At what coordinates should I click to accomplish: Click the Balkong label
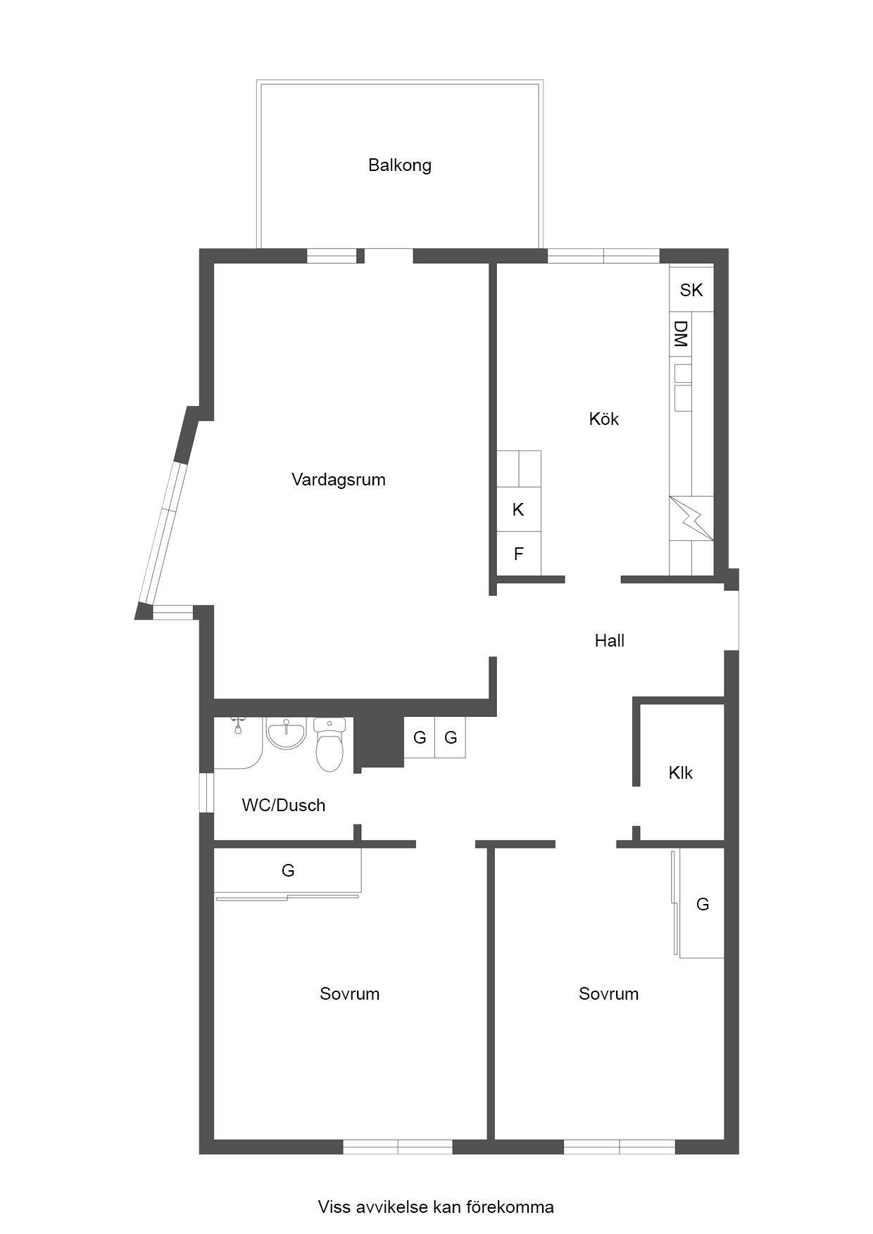click(399, 165)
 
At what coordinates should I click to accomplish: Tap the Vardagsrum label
click(339, 480)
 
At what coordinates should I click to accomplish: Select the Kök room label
click(604, 419)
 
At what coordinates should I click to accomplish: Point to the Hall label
click(610, 640)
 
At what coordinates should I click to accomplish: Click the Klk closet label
click(681, 772)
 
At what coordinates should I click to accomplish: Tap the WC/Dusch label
click(284, 805)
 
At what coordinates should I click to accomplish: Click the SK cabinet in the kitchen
click(691, 289)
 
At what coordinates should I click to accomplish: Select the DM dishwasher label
click(680, 334)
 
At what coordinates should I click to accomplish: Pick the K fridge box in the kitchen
click(519, 509)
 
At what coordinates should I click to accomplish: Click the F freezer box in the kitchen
click(519, 554)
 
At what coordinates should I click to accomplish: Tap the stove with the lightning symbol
click(691, 519)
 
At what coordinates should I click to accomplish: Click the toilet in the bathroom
click(329, 744)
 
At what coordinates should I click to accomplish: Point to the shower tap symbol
click(238, 725)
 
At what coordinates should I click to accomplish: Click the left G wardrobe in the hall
click(420, 737)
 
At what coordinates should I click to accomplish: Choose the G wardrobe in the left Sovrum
click(288, 871)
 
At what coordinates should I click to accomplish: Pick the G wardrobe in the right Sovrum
click(702, 904)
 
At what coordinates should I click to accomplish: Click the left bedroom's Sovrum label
click(350, 993)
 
